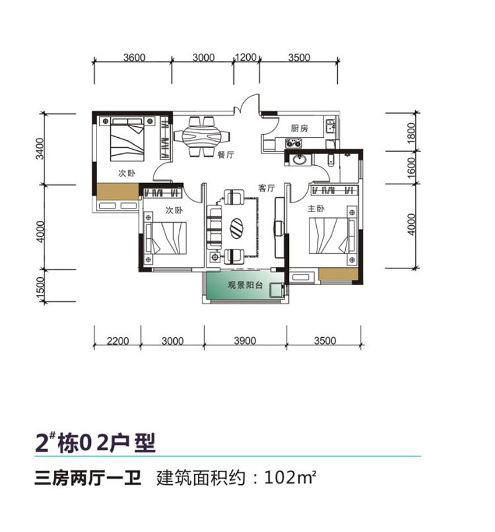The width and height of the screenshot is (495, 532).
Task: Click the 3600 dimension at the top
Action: pos(134,58)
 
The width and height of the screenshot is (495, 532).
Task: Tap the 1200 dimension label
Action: pos(245,58)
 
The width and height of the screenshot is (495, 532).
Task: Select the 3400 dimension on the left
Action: pos(41,149)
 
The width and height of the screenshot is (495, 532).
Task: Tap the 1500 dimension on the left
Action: pos(41,289)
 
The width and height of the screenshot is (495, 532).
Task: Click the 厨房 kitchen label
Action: pos(299,129)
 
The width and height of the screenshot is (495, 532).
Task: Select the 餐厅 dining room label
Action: pos(225,157)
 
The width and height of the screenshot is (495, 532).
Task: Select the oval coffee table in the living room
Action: pos(237,227)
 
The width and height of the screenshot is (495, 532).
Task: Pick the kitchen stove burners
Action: pos(293,144)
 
